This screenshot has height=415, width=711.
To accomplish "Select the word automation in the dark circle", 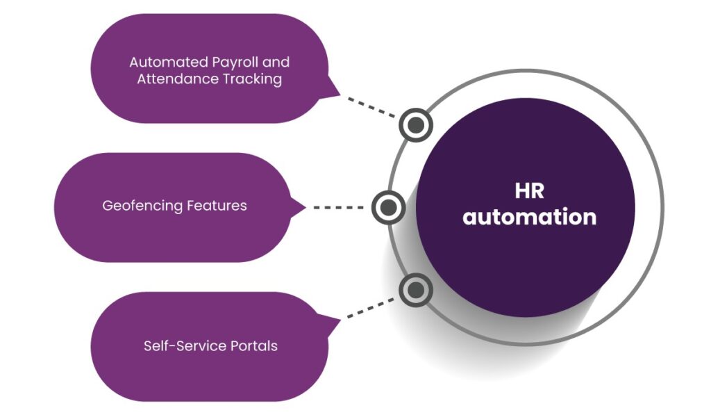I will [530, 217].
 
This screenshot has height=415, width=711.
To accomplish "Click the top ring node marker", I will [416, 125].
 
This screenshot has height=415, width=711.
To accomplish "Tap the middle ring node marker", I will [389, 207].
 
